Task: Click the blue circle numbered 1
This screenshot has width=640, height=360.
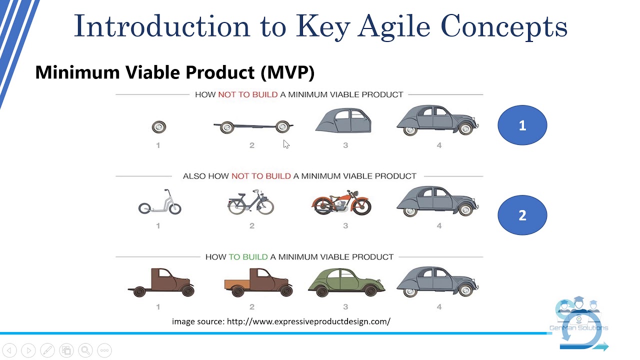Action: [x=522, y=125]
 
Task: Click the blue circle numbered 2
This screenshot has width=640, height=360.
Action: [x=522, y=215]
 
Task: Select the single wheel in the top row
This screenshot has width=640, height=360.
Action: [x=158, y=127]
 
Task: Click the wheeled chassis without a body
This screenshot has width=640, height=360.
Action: [x=253, y=126]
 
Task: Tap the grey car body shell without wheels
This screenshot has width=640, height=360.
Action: [x=344, y=121]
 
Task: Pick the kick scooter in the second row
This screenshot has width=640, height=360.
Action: [x=159, y=203]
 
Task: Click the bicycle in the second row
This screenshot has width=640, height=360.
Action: [x=251, y=202]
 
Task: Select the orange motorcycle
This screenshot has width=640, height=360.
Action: [x=341, y=202]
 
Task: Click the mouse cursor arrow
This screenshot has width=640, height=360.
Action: [x=286, y=144]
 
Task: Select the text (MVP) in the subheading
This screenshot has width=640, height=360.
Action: [x=287, y=72]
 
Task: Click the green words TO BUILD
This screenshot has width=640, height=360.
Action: [x=248, y=256]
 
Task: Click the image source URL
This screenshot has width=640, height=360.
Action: [x=308, y=321]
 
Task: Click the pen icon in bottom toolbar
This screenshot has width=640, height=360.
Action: [x=47, y=350]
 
